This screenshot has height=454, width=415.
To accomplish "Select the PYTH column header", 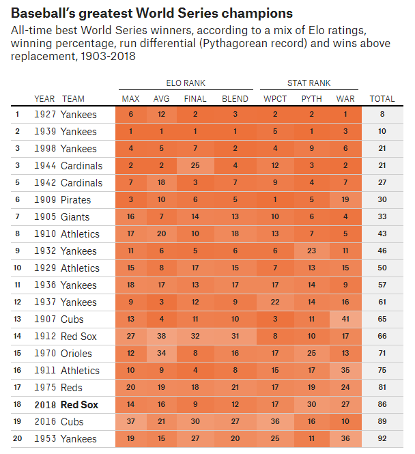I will (x=312, y=99).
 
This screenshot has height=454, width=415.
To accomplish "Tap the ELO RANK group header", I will (x=185, y=83).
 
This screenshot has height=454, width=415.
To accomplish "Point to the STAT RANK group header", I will (x=309, y=83).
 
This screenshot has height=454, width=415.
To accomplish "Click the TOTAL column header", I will (x=382, y=99).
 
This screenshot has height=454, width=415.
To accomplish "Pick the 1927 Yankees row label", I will (x=66, y=115).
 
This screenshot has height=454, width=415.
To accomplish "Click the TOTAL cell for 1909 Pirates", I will (x=382, y=200).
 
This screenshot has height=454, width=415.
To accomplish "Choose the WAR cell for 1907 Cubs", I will (x=345, y=320).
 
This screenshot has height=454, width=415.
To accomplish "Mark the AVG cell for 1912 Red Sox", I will (x=161, y=337).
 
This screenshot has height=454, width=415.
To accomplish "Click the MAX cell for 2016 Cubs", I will (x=130, y=422).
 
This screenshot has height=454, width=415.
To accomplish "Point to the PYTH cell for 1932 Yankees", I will (x=312, y=251).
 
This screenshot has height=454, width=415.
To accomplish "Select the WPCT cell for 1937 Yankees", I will (x=271, y=302).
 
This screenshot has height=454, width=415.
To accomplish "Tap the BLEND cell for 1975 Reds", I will (x=235, y=388).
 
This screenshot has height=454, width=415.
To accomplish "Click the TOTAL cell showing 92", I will (x=382, y=439).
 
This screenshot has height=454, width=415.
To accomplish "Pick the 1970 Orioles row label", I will (x=67, y=354).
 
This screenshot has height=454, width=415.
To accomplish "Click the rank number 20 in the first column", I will (x=17, y=439).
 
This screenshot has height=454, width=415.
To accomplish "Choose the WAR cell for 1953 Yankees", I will (x=345, y=439).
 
